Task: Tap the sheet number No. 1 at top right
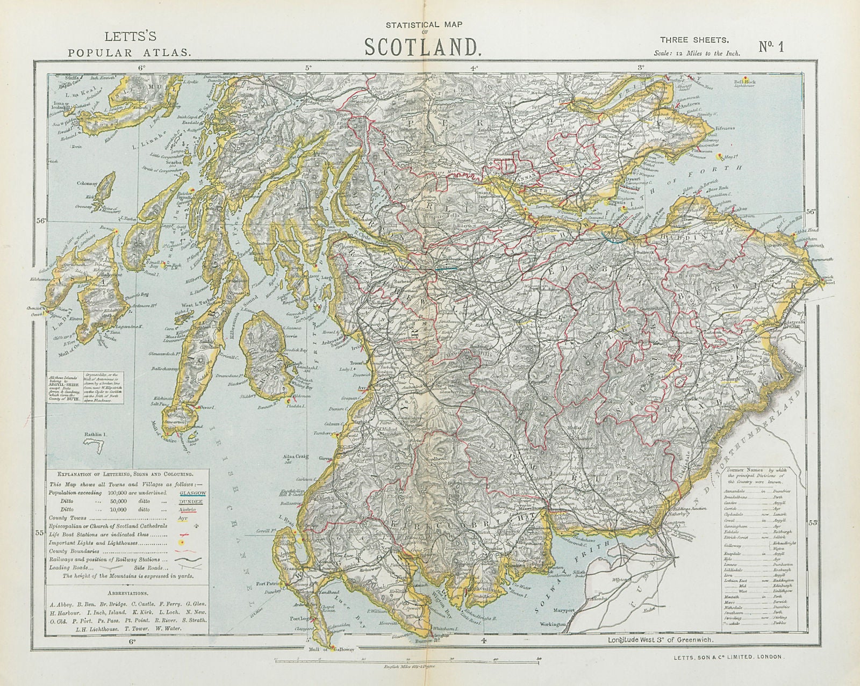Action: point(771,47)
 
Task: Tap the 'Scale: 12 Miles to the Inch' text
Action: point(697,53)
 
